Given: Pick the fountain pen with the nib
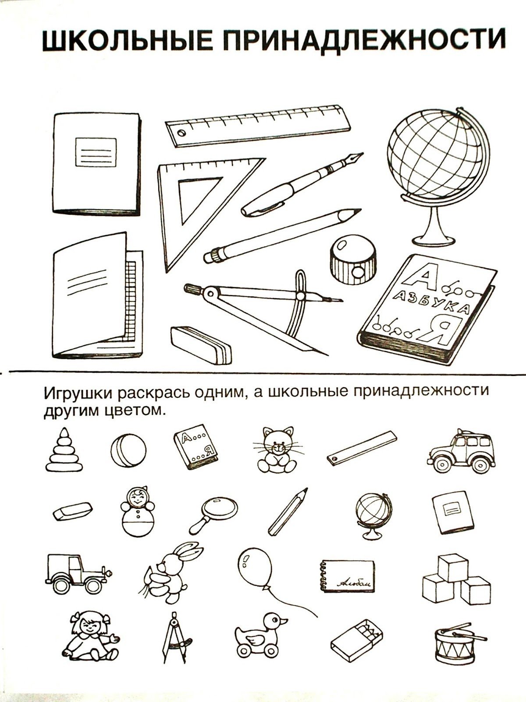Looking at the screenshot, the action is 302,185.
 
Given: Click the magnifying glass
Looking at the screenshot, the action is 214,515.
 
